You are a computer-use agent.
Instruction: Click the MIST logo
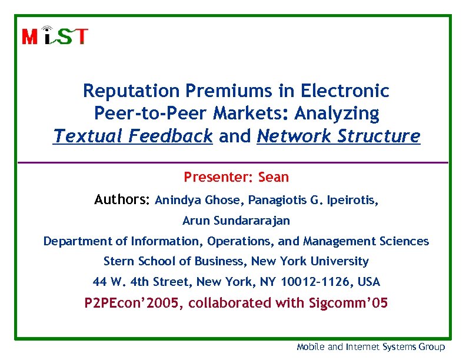[55, 36]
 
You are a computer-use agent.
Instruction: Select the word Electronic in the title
[345, 91]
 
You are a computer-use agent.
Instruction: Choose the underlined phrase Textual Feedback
[132, 136]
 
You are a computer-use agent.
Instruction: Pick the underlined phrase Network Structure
[339, 136]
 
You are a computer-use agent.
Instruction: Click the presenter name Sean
[274, 177]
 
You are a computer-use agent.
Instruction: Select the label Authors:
[122, 201]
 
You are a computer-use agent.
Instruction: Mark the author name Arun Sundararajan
[236, 221]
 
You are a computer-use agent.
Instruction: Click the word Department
[75, 241]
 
